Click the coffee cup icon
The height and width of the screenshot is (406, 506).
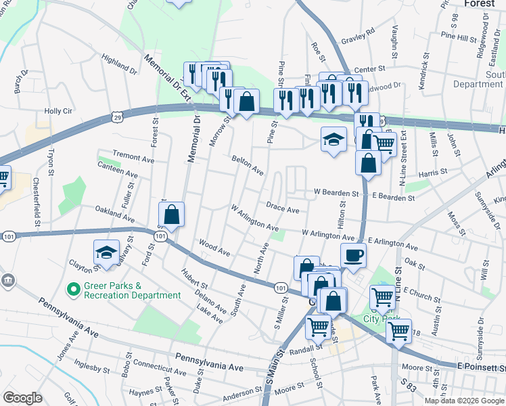[354, 256]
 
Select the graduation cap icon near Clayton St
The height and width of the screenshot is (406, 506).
[106, 253]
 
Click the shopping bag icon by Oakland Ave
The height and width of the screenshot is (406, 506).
[172, 215]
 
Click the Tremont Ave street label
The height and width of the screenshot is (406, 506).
[133, 156]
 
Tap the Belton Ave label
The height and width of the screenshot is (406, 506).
[247, 165]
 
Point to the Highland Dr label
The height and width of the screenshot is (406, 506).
[119, 66]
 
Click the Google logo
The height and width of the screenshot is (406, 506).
[22, 398]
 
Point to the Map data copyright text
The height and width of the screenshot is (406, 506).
[464, 401]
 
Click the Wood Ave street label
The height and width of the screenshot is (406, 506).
[214, 246]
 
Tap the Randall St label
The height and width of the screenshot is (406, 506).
[303, 348]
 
